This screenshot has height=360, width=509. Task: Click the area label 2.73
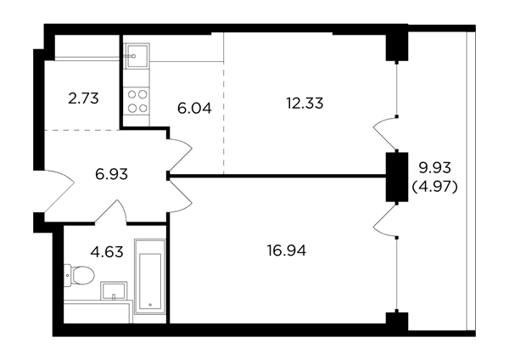click(x=83, y=98)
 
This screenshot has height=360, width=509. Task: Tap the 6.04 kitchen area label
click(x=194, y=108)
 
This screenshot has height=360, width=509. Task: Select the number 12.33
click(x=305, y=104)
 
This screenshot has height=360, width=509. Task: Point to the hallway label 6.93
click(x=111, y=174)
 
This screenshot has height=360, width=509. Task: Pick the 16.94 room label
click(x=287, y=250)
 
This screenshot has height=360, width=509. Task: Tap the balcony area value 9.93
click(x=434, y=168)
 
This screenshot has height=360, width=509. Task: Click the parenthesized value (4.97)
click(x=434, y=187)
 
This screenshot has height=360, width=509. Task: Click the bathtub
click(x=150, y=277)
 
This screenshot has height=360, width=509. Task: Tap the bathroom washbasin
click(x=114, y=290)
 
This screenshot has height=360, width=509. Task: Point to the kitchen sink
click(x=137, y=56)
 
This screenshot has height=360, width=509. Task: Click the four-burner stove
click(x=137, y=101)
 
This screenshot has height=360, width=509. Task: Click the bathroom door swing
click(x=110, y=212)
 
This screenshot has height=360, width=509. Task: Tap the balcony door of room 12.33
click(x=385, y=134)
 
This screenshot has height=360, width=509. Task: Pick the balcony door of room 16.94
click(x=385, y=220)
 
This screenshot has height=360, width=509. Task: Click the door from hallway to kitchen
click(x=180, y=156)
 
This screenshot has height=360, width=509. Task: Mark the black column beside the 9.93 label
click(x=397, y=177)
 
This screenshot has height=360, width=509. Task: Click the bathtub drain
click(x=150, y=305)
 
